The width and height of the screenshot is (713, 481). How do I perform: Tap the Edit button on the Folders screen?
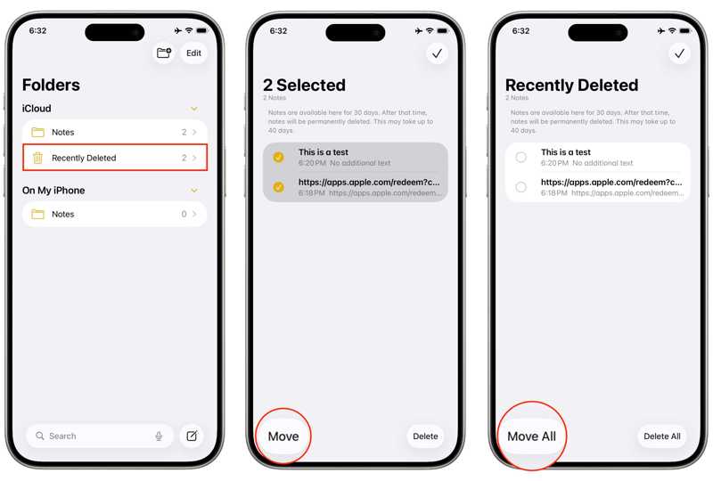(193, 53)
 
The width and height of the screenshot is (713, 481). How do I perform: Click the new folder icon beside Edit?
(164, 53)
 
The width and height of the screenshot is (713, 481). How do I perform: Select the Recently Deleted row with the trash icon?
(115, 158)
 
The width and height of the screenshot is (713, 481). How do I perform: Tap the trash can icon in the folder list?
(37, 158)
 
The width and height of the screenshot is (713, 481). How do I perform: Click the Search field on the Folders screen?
(100, 436)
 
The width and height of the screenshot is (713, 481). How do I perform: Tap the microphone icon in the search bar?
(159, 436)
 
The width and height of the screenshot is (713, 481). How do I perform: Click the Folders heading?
(51, 85)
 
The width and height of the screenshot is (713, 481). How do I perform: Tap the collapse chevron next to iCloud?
(194, 109)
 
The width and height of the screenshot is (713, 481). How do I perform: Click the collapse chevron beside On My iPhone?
(194, 190)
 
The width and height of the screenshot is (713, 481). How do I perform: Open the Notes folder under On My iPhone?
(115, 214)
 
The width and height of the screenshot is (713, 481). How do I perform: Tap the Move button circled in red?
(283, 436)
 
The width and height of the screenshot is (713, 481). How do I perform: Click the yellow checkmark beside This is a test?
(278, 158)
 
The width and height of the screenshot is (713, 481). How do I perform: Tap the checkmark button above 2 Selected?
(437, 53)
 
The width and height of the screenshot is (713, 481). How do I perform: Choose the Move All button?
(531, 436)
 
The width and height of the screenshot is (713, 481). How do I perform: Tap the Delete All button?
(662, 436)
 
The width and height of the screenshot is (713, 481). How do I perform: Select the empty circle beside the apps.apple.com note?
(521, 187)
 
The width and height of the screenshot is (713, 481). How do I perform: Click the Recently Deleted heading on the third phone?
(571, 85)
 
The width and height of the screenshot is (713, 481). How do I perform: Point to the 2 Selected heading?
(304, 85)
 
